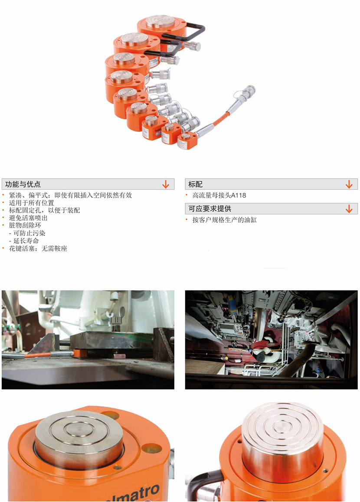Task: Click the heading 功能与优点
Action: click(23, 184)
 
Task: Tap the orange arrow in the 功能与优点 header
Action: click(166, 184)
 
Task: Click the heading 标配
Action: click(195, 184)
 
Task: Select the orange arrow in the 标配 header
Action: click(349, 184)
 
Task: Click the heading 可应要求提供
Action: click(210, 209)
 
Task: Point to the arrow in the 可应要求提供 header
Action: click(349, 209)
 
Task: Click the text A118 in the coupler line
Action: click(238, 195)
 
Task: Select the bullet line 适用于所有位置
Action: click(31, 202)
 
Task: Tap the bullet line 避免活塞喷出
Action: click(28, 218)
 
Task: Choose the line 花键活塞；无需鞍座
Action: click(38, 248)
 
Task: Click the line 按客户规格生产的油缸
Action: click(225, 220)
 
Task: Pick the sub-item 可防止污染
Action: click(28, 233)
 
